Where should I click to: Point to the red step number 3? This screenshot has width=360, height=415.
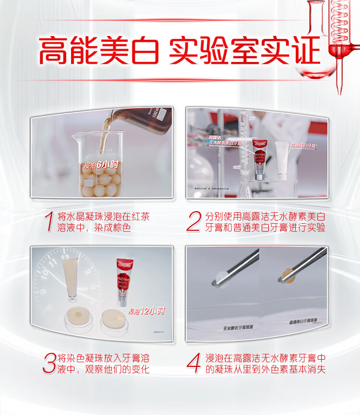click(x=49, y=363)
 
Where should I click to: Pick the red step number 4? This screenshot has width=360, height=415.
click(x=193, y=363)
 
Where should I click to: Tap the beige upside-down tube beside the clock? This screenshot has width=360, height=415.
click(x=72, y=279)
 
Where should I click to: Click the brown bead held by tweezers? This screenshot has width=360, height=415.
click(x=287, y=276)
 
